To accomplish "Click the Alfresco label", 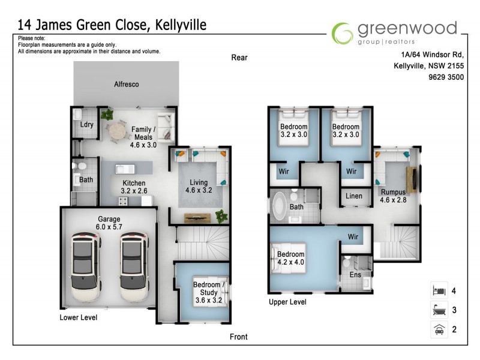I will [127, 85].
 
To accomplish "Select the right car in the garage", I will [133, 267].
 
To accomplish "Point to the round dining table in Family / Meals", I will [115, 129].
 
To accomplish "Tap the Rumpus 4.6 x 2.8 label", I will [394, 196].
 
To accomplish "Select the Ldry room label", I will [86, 125].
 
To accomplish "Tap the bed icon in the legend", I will [438, 291].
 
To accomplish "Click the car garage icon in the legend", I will [438, 329].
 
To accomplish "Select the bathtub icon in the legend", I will [438, 310].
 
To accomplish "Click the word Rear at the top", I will [239, 58].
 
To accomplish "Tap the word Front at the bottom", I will [239, 337].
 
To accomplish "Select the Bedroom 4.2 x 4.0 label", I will [291, 258].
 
